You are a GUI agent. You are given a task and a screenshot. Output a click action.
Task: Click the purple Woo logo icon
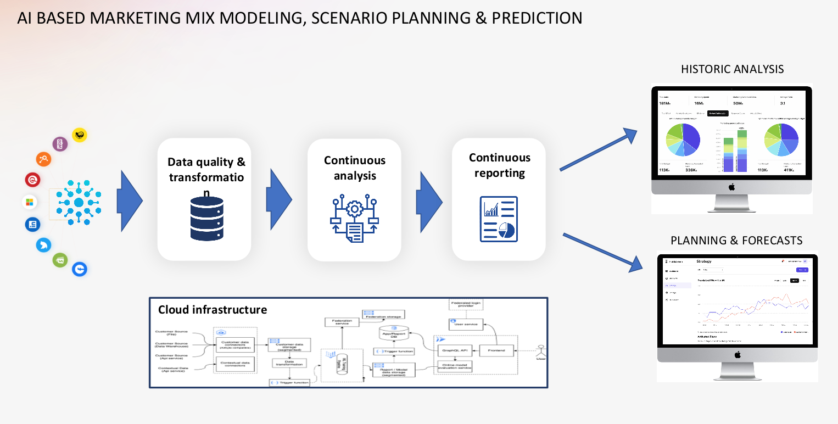point(60,144)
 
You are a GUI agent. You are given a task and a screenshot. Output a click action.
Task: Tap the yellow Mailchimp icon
point(80,135)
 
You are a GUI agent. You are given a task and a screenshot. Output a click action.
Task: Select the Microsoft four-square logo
point(30,202)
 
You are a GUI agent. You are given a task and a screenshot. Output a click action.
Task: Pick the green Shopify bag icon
point(60,260)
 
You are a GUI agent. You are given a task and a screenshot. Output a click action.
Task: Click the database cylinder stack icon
point(206,219)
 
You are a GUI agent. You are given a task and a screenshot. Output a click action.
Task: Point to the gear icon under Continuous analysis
point(355,210)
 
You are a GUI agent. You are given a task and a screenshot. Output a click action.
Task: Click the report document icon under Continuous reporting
point(499,219)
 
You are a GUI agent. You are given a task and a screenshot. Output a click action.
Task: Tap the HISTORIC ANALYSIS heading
point(732,69)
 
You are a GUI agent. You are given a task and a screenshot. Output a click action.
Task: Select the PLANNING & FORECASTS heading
point(736,241)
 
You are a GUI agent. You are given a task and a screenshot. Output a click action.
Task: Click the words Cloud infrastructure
point(213,310)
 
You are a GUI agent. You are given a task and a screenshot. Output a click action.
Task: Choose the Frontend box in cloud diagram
point(496,350)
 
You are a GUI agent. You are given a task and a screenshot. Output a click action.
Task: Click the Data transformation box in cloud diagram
point(289,364)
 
